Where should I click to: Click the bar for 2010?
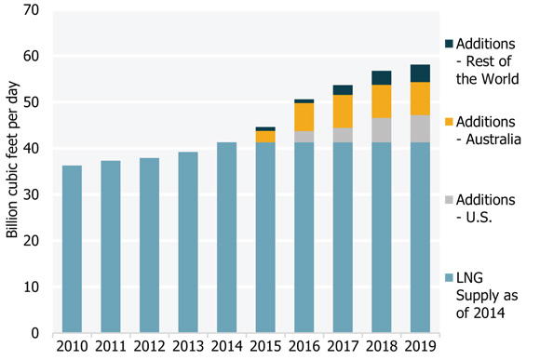pos(72,249)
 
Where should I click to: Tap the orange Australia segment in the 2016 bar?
pos(304,117)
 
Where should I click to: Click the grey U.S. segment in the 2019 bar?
pos(420,128)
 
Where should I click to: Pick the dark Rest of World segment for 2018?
pos(382,77)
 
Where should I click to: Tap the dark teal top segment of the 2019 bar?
pos(420,73)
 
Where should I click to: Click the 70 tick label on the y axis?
pos(34,11)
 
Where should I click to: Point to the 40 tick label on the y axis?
pos(34,149)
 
